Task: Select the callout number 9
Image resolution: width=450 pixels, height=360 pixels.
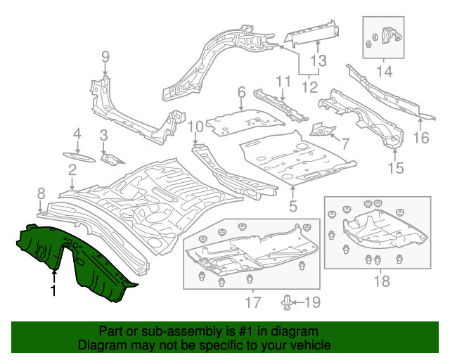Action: click(105, 57)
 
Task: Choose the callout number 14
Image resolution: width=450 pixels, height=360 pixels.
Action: click(385, 70)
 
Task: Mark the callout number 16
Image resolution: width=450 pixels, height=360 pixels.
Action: click(420, 137)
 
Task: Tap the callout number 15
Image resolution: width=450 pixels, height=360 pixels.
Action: click(396, 167)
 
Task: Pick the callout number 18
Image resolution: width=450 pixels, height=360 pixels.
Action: click(381, 282)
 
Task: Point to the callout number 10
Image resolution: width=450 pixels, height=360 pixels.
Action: click(195, 127)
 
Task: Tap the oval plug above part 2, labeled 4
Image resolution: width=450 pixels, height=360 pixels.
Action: click(77, 156)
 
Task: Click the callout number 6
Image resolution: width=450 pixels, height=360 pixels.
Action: click(240, 92)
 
